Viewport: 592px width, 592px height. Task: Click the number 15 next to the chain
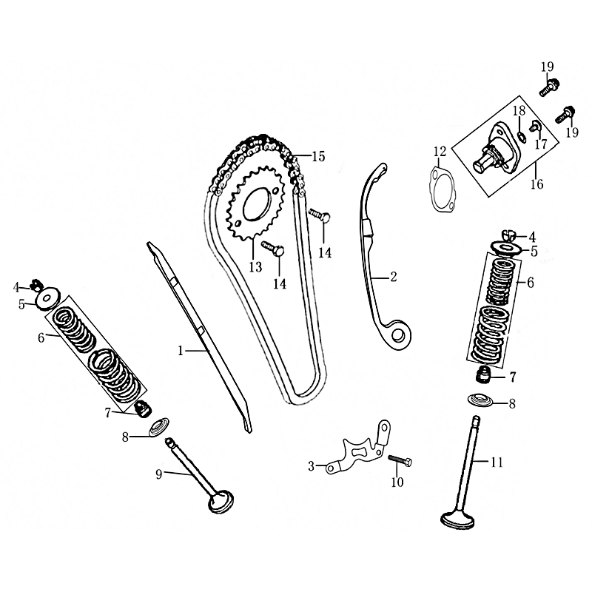click(317, 156)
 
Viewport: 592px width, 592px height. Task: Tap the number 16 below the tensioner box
click(537, 184)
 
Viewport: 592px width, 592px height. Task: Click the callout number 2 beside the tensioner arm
click(393, 277)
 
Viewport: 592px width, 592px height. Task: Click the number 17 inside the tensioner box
click(541, 144)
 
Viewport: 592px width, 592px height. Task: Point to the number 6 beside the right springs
click(530, 282)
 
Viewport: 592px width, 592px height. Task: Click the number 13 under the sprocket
click(255, 266)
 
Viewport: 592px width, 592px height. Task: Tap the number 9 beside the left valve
click(158, 474)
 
